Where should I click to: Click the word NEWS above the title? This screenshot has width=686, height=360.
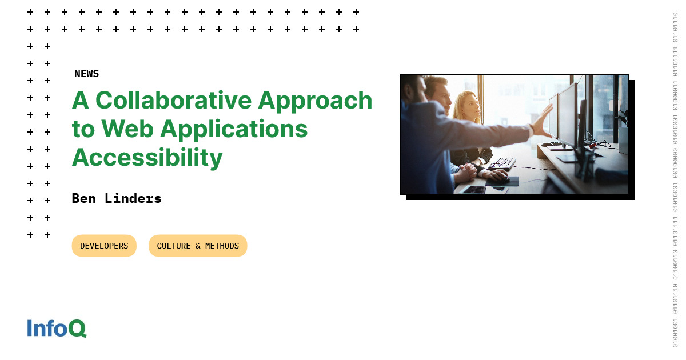87,74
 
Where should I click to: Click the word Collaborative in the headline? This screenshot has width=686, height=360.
174,100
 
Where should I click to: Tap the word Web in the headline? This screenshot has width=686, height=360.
127,129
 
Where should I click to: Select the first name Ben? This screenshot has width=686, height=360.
84,198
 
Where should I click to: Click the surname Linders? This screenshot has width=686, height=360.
133,198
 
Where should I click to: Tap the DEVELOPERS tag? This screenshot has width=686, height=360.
104,246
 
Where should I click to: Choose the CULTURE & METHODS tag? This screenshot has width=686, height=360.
198,246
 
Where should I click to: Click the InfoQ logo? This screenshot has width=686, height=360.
57,328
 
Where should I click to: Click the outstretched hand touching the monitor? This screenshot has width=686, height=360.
543,122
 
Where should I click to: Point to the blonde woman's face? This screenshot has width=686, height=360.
471,107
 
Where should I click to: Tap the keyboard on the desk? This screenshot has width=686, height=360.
501,164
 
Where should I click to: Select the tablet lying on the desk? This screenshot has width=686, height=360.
474,190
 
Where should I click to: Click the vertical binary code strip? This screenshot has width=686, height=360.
675,180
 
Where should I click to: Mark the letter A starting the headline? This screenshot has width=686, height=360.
81,100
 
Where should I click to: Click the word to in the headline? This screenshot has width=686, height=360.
83,130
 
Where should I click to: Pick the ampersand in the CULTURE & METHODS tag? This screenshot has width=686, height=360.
198,246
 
